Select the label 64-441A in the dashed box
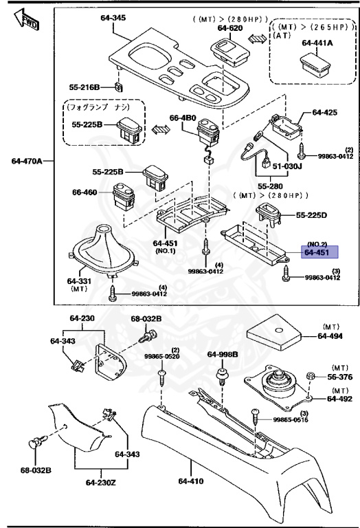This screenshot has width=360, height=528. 317,43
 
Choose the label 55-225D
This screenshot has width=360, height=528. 312,215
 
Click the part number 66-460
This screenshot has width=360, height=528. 85,192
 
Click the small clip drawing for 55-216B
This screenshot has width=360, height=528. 120,87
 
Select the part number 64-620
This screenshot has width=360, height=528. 231,28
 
